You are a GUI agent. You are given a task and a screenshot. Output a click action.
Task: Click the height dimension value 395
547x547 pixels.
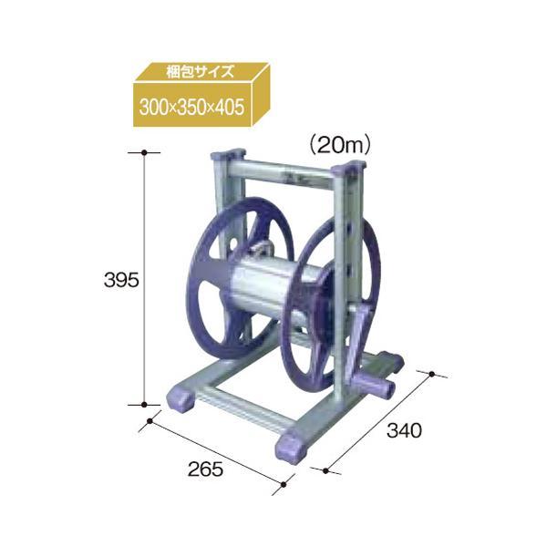[x=121, y=280]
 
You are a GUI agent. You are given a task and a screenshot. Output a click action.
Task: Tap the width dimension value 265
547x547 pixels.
[x=205, y=470]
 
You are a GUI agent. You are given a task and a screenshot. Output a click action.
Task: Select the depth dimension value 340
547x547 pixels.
[x=404, y=430]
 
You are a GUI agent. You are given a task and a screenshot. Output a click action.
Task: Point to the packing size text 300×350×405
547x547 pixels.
[x=191, y=107]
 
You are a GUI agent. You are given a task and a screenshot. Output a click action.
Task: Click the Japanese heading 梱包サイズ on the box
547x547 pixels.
[x=200, y=72]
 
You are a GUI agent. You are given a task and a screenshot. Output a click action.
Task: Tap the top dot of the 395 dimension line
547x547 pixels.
[x=144, y=152]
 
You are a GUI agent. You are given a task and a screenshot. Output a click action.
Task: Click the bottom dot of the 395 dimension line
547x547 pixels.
[x=144, y=405]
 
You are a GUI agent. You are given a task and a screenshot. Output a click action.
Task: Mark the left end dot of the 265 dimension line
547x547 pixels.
[x=150, y=421]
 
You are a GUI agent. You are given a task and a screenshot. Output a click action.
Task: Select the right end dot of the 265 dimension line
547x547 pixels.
[x=284, y=484]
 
